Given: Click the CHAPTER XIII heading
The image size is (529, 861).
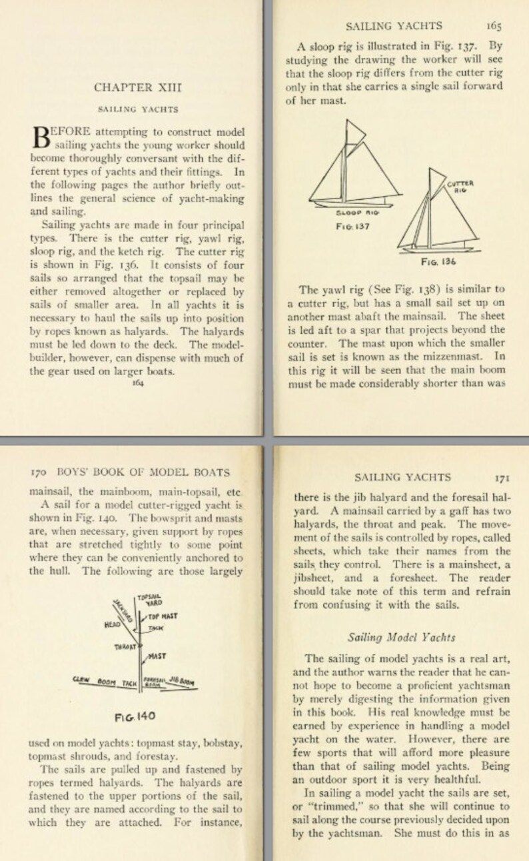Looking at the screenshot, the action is click(x=137, y=87).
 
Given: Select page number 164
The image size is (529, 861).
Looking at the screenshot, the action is click(x=138, y=383).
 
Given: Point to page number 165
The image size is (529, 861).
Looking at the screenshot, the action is click(x=494, y=26).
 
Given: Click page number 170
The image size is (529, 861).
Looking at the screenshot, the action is click(x=39, y=472).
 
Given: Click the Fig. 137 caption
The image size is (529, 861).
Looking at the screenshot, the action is click(x=354, y=225).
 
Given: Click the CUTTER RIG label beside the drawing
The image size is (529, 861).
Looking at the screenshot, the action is click(x=460, y=186).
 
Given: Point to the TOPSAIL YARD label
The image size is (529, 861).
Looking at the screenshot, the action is click(x=150, y=600).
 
